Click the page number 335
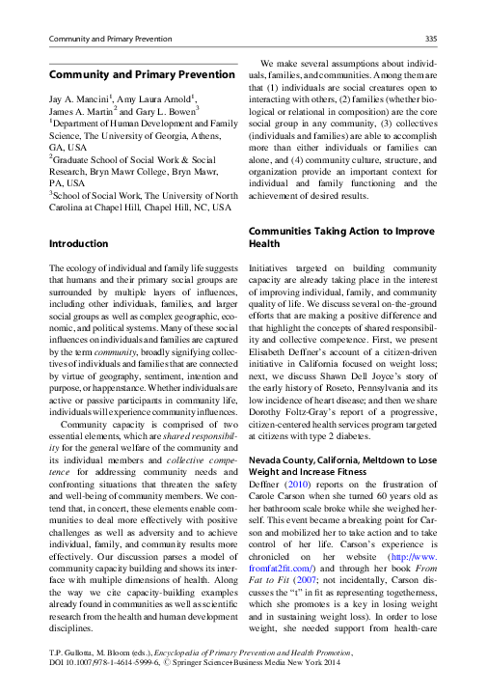pyautogui.click(x=432, y=38)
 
